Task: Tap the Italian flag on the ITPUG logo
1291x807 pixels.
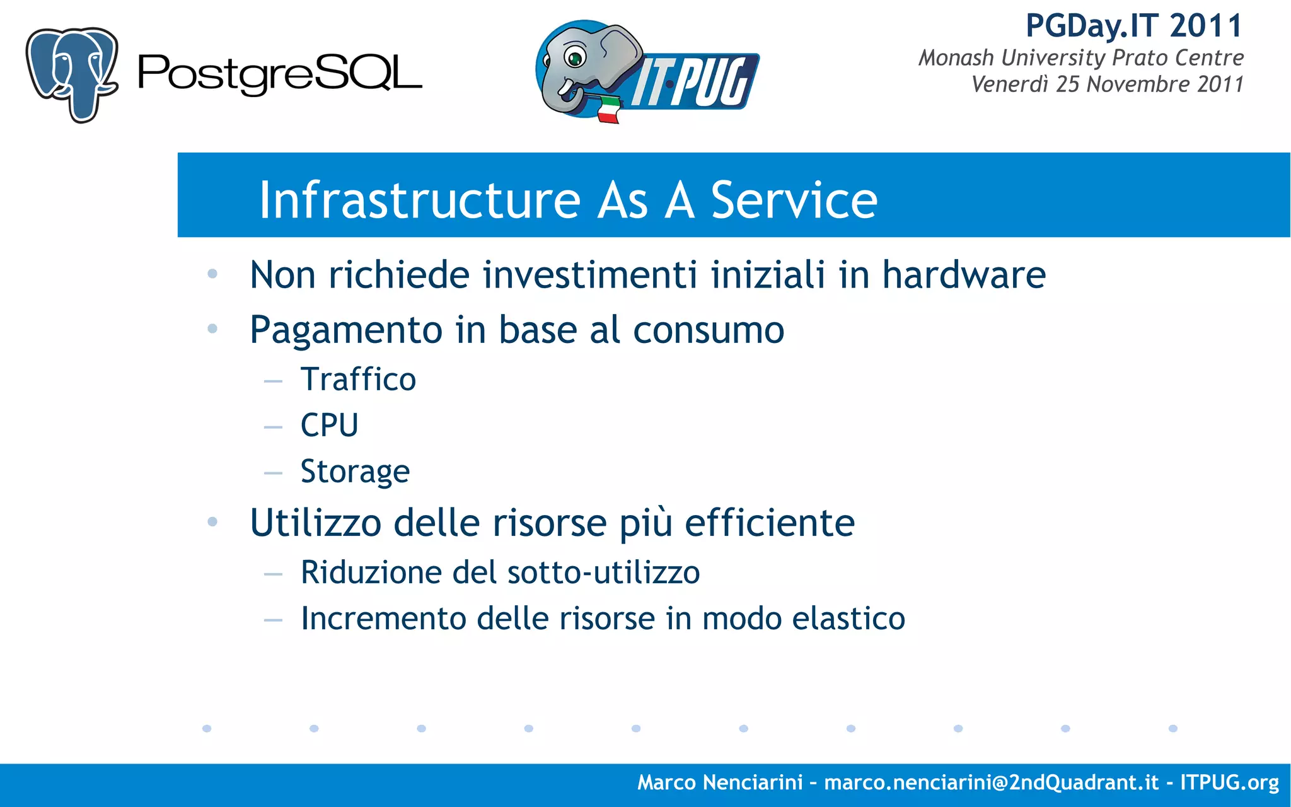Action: pyautogui.click(x=608, y=110)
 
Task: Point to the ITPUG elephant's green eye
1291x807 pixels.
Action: pyautogui.click(x=575, y=59)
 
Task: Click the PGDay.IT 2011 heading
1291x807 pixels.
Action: pyautogui.click(x=1133, y=26)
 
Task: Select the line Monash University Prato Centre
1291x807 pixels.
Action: pyautogui.click(x=1080, y=58)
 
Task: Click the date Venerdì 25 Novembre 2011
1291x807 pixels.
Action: pyautogui.click(x=1107, y=84)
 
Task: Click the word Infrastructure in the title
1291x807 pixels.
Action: pyautogui.click(x=419, y=200)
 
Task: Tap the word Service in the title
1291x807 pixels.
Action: pyautogui.click(x=794, y=200)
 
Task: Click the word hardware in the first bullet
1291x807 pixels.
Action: pyautogui.click(x=963, y=276)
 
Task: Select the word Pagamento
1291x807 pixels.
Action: pyautogui.click(x=346, y=330)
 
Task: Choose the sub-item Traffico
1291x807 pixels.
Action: pyautogui.click(x=358, y=380)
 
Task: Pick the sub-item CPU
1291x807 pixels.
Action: pyautogui.click(x=329, y=426)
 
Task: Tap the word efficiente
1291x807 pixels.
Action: pyautogui.click(x=769, y=523)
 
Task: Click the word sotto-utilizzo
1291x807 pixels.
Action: pyautogui.click(x=603, y=572)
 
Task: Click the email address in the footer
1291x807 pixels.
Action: pyautogui.click(x=991, y=782)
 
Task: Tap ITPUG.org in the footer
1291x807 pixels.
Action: pyautogui.click(x=1229, y=782)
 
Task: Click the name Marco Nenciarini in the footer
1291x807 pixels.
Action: pyautogui.click(x=720, y=782)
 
